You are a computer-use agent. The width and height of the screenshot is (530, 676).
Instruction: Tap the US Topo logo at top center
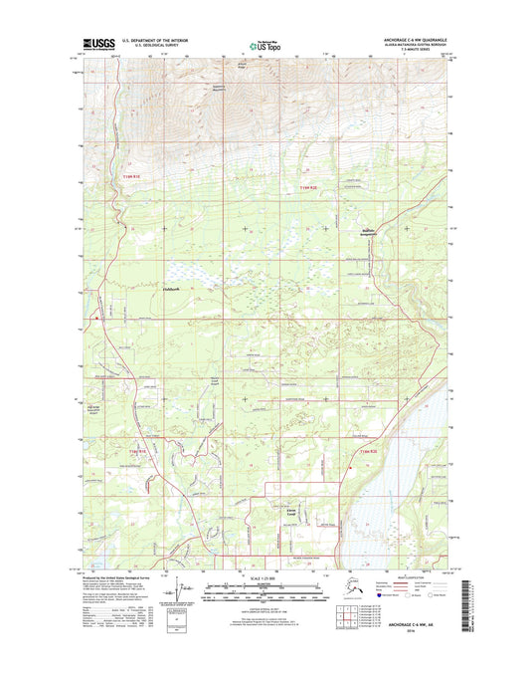(265, 45)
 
